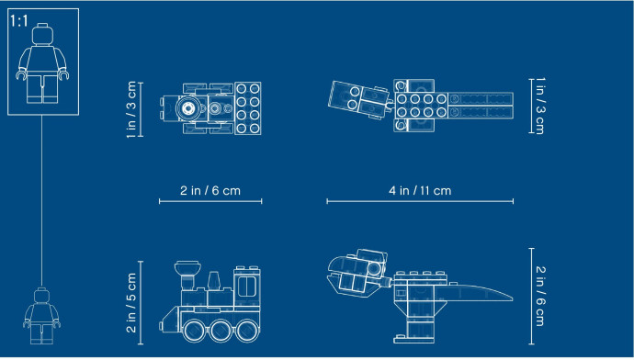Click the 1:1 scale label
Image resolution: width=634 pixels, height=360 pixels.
[x=18, y=20]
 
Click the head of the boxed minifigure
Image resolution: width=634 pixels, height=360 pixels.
[x=42, y=34]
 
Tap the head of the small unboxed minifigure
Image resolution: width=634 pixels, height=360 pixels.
[x=41, y=296]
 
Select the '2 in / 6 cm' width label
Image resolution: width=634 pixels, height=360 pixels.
[x=210, y=190]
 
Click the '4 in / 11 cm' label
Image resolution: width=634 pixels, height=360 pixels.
[x=420, y=190]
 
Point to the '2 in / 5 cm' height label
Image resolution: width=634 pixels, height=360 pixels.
[x=131, y=303]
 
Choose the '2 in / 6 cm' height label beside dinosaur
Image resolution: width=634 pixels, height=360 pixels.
[x=540, y=296]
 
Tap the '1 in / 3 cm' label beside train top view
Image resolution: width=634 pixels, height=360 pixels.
[x=131, y=109]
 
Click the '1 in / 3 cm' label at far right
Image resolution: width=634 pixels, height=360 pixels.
[x=540, y=106]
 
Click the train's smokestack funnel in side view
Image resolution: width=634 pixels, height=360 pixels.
[x=187, y=269]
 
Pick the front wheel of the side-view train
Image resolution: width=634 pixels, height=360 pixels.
[x=194, y=330]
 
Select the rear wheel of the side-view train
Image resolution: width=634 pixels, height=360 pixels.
[x=247, y=330]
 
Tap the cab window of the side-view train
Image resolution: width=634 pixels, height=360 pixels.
[x=247, y=286]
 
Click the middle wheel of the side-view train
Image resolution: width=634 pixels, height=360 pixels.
[x=221, y=330]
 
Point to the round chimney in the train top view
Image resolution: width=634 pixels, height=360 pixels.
[x=188, y=107]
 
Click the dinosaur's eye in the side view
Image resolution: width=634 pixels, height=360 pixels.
[x=374, y=269]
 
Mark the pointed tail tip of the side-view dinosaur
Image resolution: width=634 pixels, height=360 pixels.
[x=512, y=298]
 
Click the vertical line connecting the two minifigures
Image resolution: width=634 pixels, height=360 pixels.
[x=41, y=201]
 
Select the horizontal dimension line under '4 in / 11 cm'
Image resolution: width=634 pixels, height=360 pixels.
[x=420, y=201]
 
